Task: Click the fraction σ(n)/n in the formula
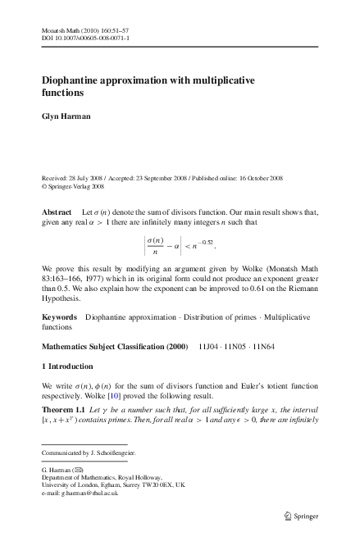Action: pos(154,246)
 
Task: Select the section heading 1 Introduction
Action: pos(67,366)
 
